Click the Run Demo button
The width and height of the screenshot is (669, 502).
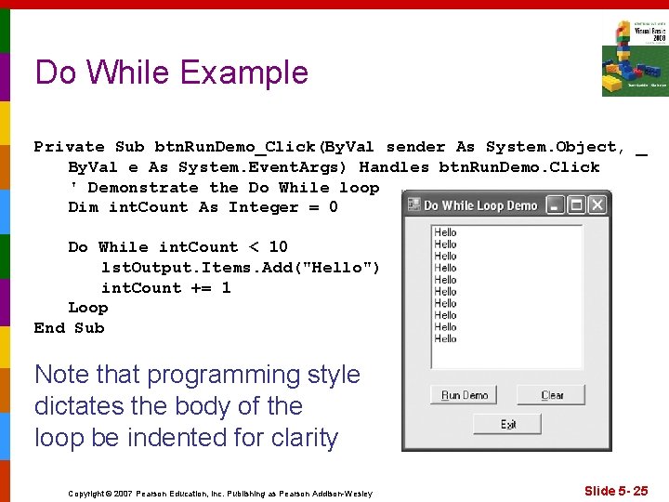(464, 395)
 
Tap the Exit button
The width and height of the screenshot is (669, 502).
(507, 424)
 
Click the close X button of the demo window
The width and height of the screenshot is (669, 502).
(597, 205)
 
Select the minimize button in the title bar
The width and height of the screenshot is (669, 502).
(555, 205)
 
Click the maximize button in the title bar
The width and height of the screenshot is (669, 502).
(576, 205)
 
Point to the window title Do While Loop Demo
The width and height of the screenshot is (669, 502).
(479, 205)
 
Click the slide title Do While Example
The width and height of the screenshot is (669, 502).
(171, 73)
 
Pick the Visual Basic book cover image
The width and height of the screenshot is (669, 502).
(635, 58)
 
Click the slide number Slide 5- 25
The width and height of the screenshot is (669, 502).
(615, 490)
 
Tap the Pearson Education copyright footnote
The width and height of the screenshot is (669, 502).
(220, 493)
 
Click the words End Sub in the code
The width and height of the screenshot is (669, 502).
(69, 327)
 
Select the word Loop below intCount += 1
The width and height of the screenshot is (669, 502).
(87, 308)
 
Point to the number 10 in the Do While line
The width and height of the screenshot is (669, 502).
(278, 247)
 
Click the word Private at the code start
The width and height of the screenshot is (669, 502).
(69, 147)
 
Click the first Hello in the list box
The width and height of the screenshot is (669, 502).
(446, 232)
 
